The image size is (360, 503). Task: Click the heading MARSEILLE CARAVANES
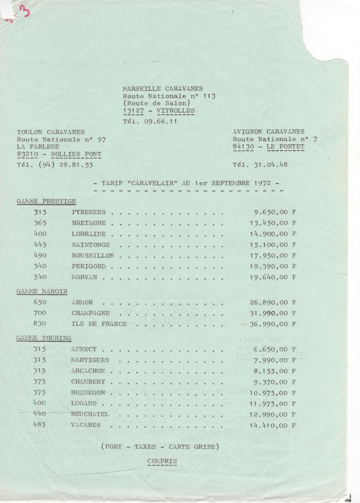pos(162,89)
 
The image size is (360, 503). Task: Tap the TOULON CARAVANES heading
pos(50,132)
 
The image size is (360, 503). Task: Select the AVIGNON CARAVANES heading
pos(268,132)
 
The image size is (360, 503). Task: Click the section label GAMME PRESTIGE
pos(46,201)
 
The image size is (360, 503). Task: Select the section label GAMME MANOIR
pos(42,291)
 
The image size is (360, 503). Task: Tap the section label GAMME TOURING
pos(44,338)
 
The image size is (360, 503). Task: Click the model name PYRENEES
pos(89,212)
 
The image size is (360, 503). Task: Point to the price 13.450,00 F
pos(273,223)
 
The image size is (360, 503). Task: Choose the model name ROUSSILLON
pos(93,256)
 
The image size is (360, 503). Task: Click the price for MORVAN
pos(273,277)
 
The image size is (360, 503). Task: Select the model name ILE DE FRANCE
pos(99,324)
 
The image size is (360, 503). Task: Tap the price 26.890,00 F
pos(273,302)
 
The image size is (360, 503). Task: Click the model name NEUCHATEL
pos(90,414)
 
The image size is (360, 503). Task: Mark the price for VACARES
pos(273,425)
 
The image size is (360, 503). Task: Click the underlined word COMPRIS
pos(162,461)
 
